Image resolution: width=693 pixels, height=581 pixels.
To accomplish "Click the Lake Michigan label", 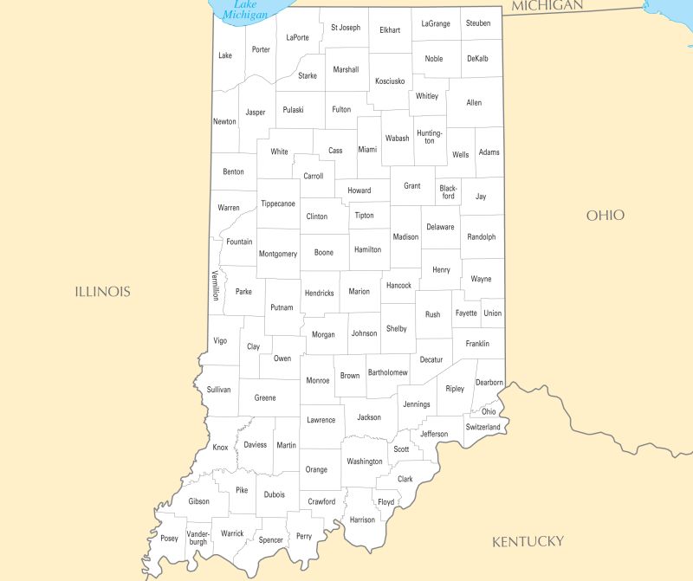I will tap(245, 10).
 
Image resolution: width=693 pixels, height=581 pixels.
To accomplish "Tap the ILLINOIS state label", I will tap(102, 292).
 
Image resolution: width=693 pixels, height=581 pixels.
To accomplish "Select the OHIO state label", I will tap(605, 216).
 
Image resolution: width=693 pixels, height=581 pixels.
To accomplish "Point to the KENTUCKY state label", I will tap(528, 542).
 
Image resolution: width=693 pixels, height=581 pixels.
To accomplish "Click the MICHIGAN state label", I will tap(547, 6).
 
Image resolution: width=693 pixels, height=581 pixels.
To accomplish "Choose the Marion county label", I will tap(359, 292).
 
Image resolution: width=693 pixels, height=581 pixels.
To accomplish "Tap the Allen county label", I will tap(474, 103).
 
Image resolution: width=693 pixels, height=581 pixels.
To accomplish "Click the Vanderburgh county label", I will tap(198, 537).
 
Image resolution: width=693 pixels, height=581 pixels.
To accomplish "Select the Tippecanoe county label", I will tap(278, 203).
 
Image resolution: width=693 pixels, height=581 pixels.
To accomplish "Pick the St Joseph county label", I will tap(346, 28).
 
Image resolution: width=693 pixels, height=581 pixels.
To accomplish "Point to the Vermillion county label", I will tap(215, 285).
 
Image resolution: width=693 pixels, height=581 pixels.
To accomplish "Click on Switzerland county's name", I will tap(483, 427).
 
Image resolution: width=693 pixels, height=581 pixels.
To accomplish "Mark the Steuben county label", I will tap(476, 23).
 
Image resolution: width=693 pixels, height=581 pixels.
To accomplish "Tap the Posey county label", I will tap(169, 539).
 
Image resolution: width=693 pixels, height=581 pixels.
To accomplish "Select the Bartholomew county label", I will tap(387, 372).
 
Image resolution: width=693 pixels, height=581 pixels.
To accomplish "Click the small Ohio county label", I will tap(489, 411).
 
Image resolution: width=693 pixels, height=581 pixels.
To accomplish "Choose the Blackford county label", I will tap(448, 191).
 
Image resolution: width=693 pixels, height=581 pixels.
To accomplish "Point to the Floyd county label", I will tap(385, 502).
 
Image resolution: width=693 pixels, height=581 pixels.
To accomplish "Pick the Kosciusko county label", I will tap(390, 81).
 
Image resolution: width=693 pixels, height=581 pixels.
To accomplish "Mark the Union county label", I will tap(492, 313).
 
